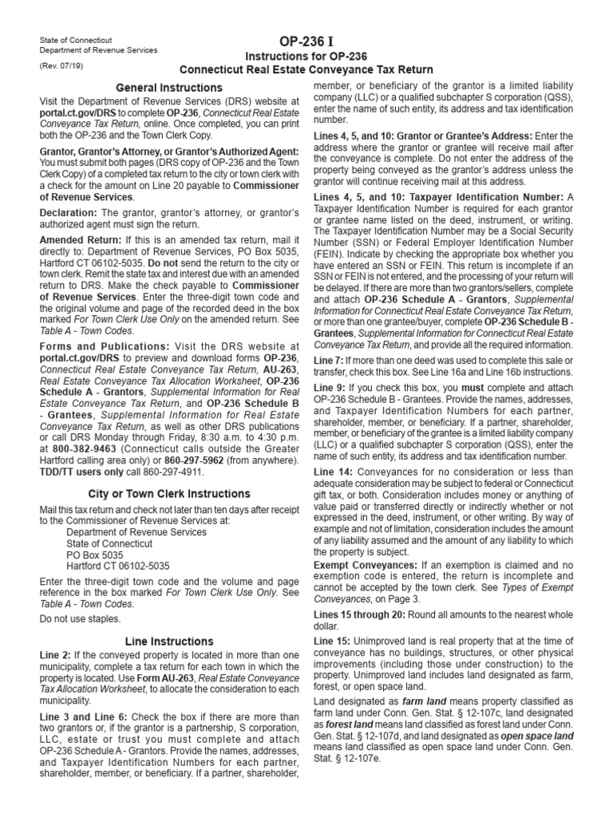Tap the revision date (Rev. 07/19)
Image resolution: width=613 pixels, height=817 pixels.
pyautogui.click(x=59, y=66)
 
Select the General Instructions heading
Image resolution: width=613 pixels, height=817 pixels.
pyautogui.click(x=168, y=87)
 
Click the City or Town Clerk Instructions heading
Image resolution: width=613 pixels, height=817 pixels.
pyautogui.click(x=168, y=494)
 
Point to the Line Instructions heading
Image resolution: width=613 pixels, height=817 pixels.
pyautogui.click(x=168, y=641)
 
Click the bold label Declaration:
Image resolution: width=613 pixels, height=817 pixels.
pyautogui.click(x=68, y=213)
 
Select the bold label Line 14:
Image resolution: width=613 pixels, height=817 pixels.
pyautogui.click(x=334, y=472)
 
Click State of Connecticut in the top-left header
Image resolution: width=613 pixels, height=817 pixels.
pyautogui.click(x=76, y=39)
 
